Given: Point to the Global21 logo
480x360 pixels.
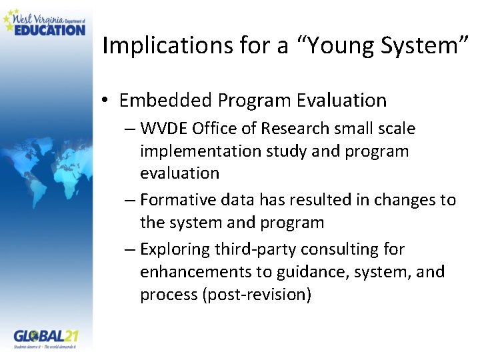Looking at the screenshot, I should tap(46, 338).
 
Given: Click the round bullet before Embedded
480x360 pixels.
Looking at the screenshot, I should tap(107, 101).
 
